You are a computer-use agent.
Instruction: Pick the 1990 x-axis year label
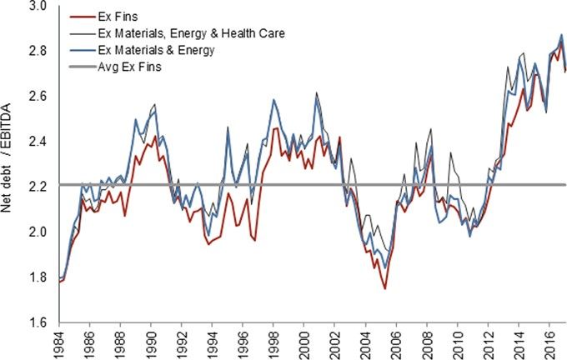pos(152,342)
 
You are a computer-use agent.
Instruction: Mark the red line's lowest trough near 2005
pos(385,288)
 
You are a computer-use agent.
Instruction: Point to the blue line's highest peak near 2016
pos(560,35)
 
